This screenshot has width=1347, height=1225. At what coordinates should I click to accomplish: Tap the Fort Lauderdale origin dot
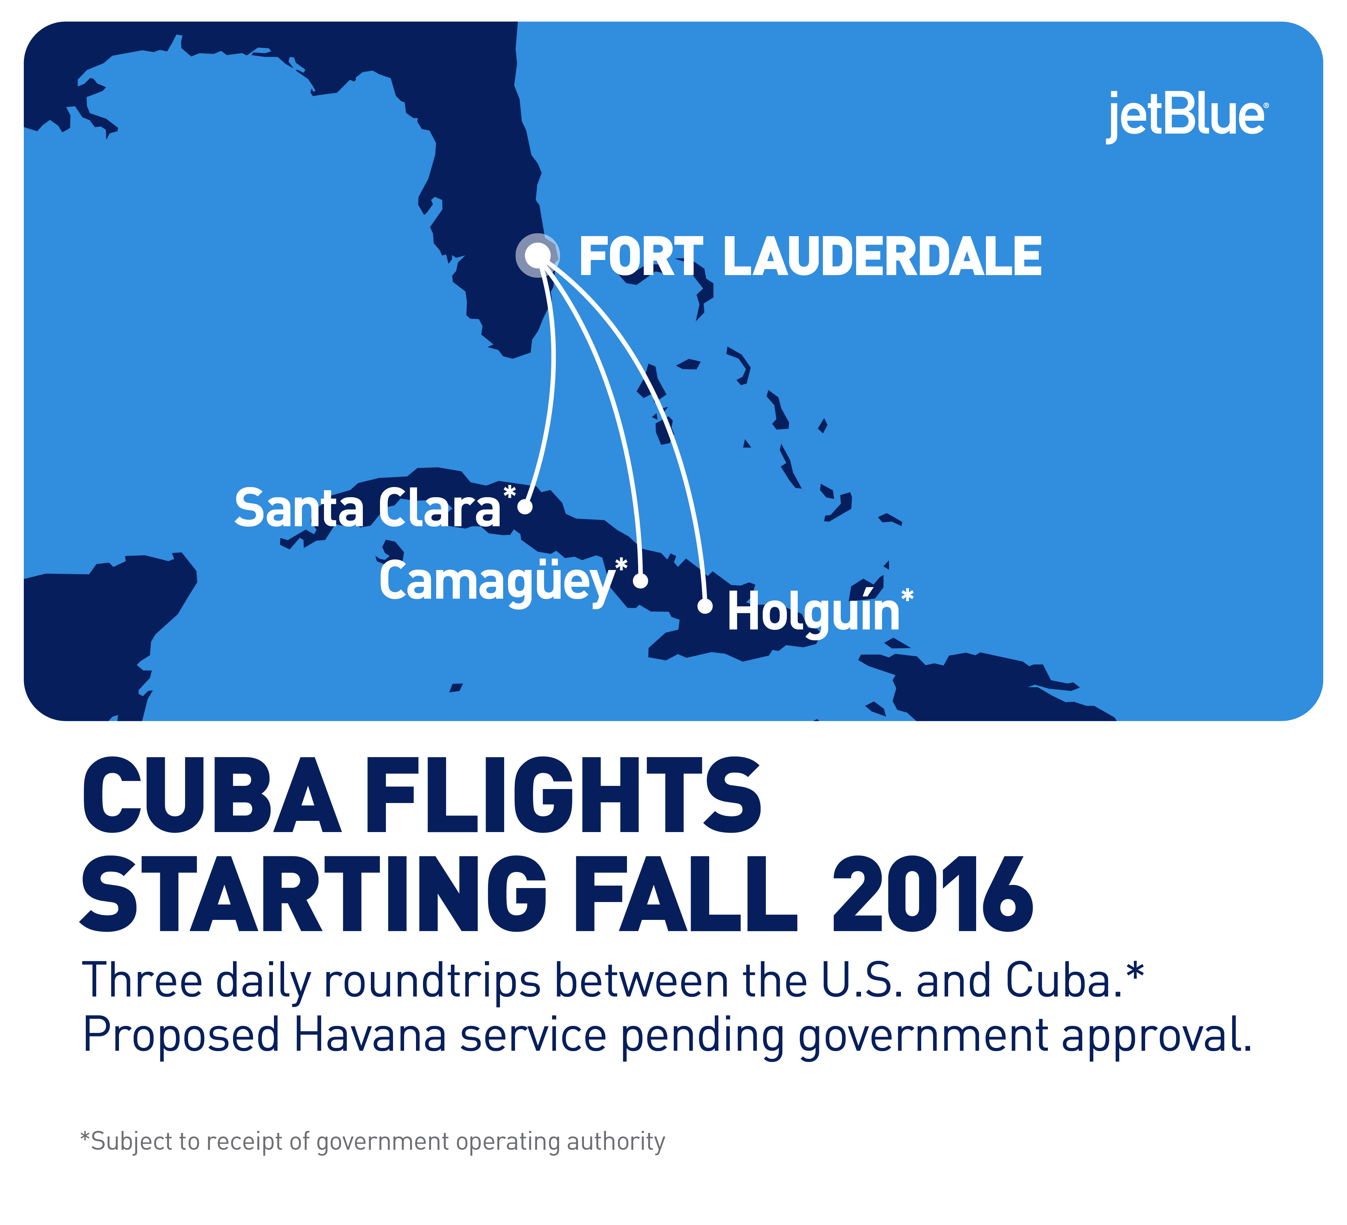(538, 255)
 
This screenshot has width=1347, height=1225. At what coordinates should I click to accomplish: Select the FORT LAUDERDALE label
(810, 256)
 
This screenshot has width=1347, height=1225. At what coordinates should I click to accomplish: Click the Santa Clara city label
(367, 508)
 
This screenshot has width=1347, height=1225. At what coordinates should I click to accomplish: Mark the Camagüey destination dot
(640, 580)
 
